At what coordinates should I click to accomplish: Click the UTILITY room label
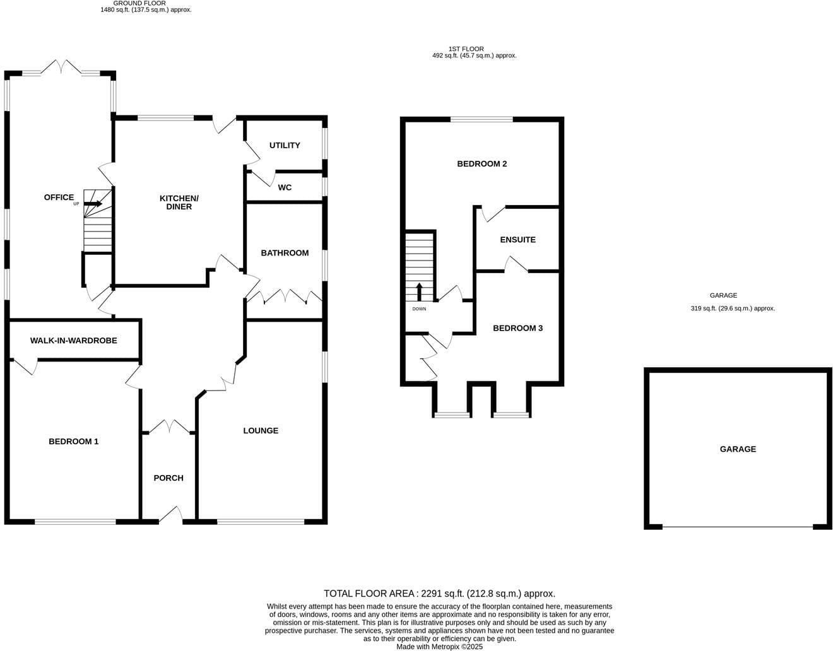(285, 145)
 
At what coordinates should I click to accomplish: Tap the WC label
(285, 187)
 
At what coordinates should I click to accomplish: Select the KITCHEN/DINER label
(179, 202)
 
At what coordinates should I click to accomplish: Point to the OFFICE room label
(59, 197)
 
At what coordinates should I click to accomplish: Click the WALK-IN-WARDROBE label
(74, 340)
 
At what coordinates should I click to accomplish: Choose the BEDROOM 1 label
(74, 442)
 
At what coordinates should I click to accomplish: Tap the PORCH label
(168, 478)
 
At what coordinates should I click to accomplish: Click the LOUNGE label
(261, 430)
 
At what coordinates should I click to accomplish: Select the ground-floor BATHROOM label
(285, 253)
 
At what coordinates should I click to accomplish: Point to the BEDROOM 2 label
(482, 163)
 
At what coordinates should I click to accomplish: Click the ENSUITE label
(517, 240)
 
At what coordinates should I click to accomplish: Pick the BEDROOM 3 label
(517, 328)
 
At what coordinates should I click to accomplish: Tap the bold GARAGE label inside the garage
(738, 449)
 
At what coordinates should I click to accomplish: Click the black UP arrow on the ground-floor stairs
(93, 204)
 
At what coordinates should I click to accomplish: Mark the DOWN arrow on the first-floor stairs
(419, 291)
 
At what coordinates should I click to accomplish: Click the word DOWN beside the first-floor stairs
(419, 309)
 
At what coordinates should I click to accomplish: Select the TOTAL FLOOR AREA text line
(439, 594)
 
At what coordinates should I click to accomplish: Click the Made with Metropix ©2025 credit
(439, 647)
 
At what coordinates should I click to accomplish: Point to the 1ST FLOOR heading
(466, 49)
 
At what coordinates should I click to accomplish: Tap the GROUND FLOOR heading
(139, 3)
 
